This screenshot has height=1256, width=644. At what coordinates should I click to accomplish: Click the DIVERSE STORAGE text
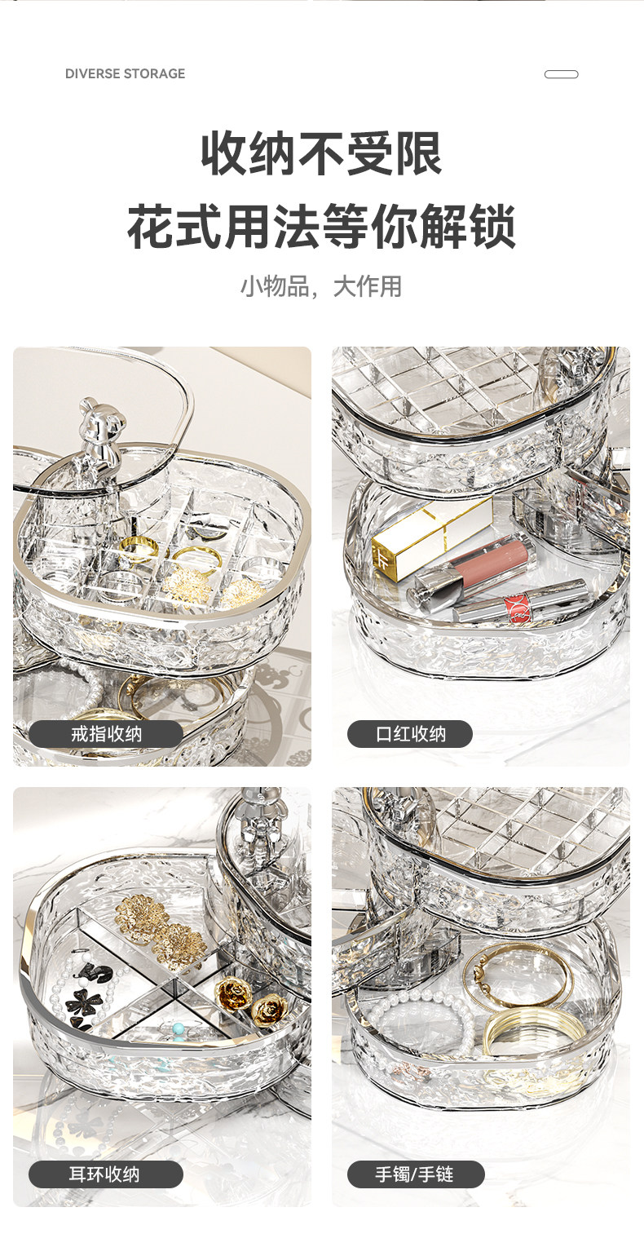pos(125,73)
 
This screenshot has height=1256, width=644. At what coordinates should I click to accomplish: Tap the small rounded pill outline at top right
pos(561,74)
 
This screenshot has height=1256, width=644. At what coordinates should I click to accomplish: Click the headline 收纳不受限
pos(322,153)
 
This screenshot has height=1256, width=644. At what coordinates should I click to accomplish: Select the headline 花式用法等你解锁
pos(322,226)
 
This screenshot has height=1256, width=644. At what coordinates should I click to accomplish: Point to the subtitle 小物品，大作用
pos(322,286)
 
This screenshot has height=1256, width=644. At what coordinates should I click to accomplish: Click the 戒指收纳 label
pos(106,733)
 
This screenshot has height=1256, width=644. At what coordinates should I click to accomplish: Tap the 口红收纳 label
pos(410,733)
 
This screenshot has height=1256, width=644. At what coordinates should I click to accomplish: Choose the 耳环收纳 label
pos(105,1174)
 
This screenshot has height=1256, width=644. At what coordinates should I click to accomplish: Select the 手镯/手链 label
pos(415,1174)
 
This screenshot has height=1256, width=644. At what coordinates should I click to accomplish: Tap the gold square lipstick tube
pos(431,537)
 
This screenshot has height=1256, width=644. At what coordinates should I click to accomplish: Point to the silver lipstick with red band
pos(521,604)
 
